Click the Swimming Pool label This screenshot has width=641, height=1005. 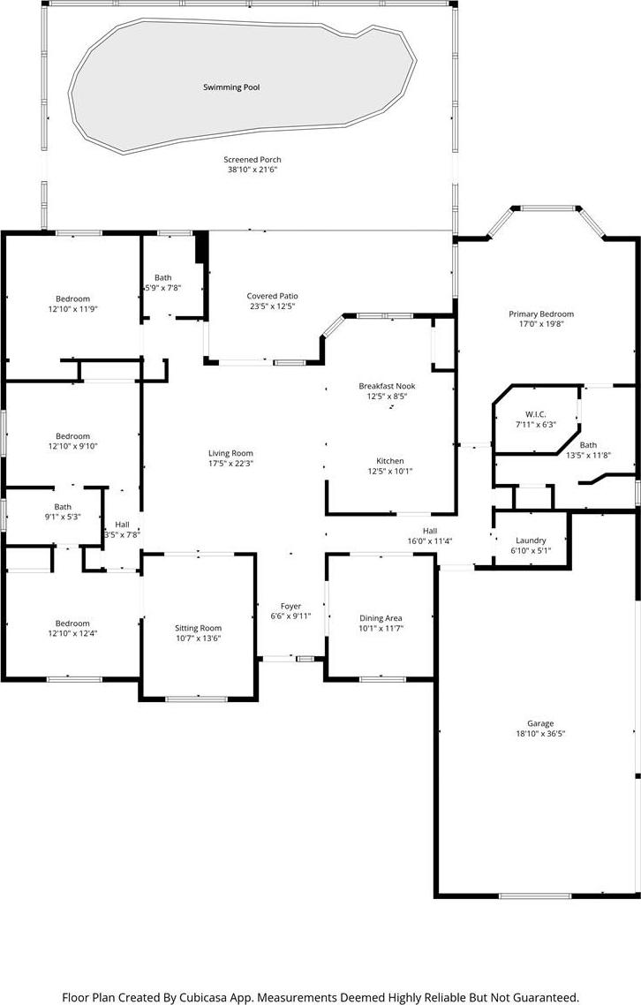tap(231, 87)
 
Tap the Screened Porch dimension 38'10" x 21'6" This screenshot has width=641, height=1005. tap(253, 170)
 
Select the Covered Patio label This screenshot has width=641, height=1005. tap(273, 296)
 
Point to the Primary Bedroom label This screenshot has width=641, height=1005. tap(541, 314)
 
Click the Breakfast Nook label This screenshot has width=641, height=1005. tap(388, 386)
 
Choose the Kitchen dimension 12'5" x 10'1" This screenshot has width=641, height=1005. tap(389, 471)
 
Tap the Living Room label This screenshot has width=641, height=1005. tap(230, 453)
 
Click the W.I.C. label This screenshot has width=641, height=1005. tap(535, 414)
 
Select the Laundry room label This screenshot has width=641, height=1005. tap(531, 540)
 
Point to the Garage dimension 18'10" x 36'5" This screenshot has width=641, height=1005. tap(540, 734)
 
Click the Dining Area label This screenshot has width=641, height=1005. tap(381, 618)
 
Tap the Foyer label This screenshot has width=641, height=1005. tap(291, 607)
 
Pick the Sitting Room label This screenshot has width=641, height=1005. tap(198, 628)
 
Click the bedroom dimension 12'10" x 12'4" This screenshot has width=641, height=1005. tap(72, 633)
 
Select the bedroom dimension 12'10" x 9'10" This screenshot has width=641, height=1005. tap(72, 446)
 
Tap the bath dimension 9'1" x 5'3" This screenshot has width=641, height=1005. tap(63, 517)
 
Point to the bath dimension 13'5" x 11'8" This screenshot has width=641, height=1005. tap(588, 455)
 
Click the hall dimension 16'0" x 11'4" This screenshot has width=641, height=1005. tap(430, 541)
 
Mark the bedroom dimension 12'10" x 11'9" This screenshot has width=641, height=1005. tap(72, 309)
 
